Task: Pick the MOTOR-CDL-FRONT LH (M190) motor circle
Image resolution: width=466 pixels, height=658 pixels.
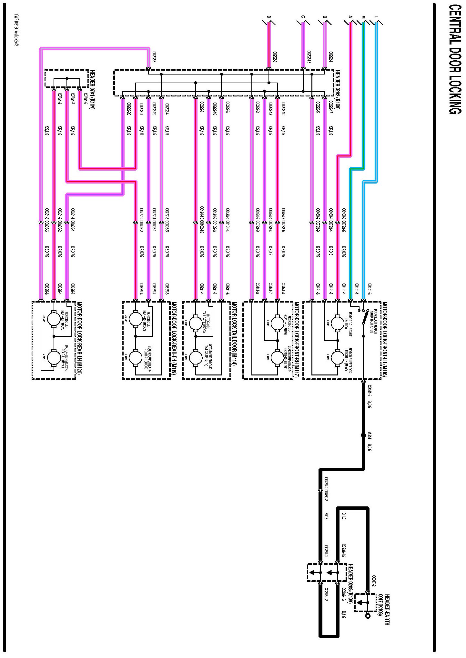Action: point(338,323)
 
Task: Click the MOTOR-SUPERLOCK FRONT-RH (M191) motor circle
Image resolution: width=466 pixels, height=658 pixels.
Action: point(277,357)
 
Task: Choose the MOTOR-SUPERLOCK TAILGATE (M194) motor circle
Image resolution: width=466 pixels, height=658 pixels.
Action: point(196,357)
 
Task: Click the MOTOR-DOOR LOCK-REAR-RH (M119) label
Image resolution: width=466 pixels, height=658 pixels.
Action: point(174,338)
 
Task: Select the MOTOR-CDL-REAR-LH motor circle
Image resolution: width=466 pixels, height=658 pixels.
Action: point(54,319)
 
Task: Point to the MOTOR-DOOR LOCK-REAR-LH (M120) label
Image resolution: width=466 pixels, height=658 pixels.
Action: point(79,338)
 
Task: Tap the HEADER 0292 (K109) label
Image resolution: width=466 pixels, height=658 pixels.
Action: point(338,89)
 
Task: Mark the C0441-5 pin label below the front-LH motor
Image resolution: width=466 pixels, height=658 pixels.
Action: point(370,391)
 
